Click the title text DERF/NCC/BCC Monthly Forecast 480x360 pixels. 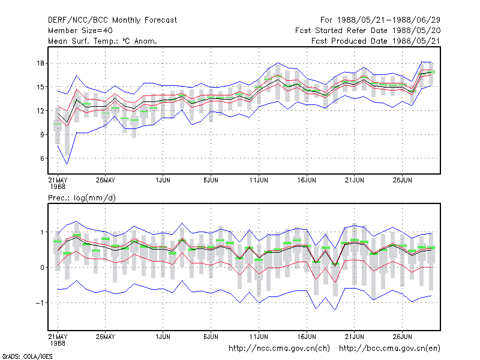(x=112, y=20)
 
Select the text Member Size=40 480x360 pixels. (x=80, y=31)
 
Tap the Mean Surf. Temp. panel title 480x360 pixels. (x=103, y=41)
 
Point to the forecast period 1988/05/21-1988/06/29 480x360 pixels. (x=380, y=20)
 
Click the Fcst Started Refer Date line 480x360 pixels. (x=368, y=31)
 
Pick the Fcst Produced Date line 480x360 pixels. (x=376, y=41)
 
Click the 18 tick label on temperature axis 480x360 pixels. (x=40, y=64)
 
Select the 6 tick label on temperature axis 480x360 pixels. (x=42, y=158)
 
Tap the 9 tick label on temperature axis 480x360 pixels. (x=42, y=134)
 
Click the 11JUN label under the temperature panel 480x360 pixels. (x=259, y=180)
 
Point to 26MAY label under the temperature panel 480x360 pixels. (x=106, y=180)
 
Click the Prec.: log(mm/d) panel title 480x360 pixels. (x=82, y=198)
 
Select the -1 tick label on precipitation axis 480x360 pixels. (x=40, y=303)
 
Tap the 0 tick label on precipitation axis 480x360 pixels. (x=42, y=268)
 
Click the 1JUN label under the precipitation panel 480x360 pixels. (x=163, y=337)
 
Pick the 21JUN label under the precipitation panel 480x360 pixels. (x=355, y=337)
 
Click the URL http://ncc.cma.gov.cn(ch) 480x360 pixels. (x=279, y=349)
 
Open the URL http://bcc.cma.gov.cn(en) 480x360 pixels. (x=389, y=349)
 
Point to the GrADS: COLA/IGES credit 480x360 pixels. (x=27, y=356)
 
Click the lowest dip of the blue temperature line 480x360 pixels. (x=67, y=164)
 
